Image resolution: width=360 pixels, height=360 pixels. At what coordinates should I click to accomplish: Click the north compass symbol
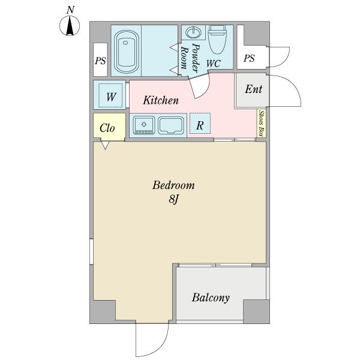tap(71, 26)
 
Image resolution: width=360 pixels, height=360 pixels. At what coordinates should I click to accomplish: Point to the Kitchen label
tap(160, 100)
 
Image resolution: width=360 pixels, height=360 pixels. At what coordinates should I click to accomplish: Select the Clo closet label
tap(107, 128)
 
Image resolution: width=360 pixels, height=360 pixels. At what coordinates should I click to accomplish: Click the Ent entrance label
tap(253, 89)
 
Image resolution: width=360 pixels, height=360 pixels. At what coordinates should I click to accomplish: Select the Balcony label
tap(211, 298)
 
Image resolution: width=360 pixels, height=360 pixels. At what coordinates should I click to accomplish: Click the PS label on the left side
tap(100, 61)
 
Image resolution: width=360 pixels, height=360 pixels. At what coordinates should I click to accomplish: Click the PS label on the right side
tap(249, 58)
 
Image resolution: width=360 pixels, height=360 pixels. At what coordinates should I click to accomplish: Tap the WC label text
tap(213, 62)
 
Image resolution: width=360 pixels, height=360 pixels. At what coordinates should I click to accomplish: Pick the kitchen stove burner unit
tap(145, 125)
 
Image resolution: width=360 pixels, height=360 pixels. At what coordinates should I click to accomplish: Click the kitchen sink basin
tap(171, 125)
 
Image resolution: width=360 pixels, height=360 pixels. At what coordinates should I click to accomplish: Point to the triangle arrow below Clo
tap(106, 145)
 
